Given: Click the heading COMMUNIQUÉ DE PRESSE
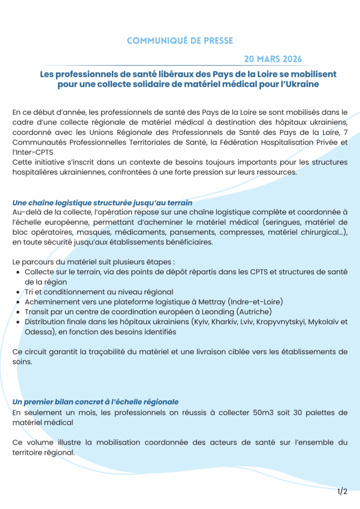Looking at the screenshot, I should pos(180,41).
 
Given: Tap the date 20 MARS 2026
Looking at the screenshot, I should pos(276,59).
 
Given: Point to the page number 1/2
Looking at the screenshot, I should pos(342,492).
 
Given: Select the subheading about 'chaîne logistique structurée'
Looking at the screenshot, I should pos(102,203).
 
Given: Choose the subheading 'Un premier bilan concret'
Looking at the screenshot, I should pos(95,401).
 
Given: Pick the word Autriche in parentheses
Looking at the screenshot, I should pos(254,312).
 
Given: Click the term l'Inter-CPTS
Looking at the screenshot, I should pos(32,152).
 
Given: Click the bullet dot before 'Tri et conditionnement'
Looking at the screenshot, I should pos(18,292).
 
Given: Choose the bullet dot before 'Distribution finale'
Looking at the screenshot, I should pos(18,322).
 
